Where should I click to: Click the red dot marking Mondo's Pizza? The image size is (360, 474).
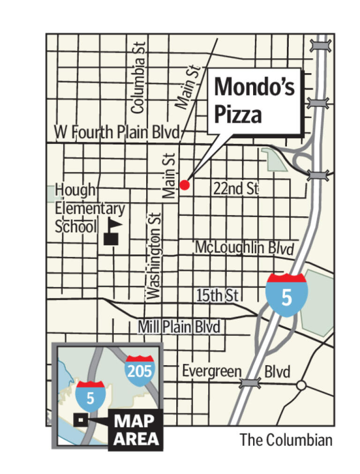pyautogui.click(x=185, y=185)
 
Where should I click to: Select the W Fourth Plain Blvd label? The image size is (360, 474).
pyautogui.click(x=117, y=132)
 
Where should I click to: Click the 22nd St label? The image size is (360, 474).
pyautogui.click(x=235, y=189)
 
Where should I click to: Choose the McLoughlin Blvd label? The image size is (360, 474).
pyautogui.click(x=244, y=247)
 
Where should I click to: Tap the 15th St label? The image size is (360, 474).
pyautogui.click(x=217, y=296)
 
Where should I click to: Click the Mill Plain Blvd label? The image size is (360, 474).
pyautogui.click(x=179, y=327)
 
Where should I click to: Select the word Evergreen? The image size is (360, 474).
pyautogui.click(x=211, y=371)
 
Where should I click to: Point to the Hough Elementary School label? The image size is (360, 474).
pyautogui.click(x=90, y=209)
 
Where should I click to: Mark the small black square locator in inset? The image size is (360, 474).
pyautogui.click(x=81, y=420)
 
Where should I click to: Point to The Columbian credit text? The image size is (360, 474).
pyautogui.click(x=286, y=440)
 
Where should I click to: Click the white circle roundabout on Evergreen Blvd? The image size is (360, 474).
pyautogui.click(x=301, y=385)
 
